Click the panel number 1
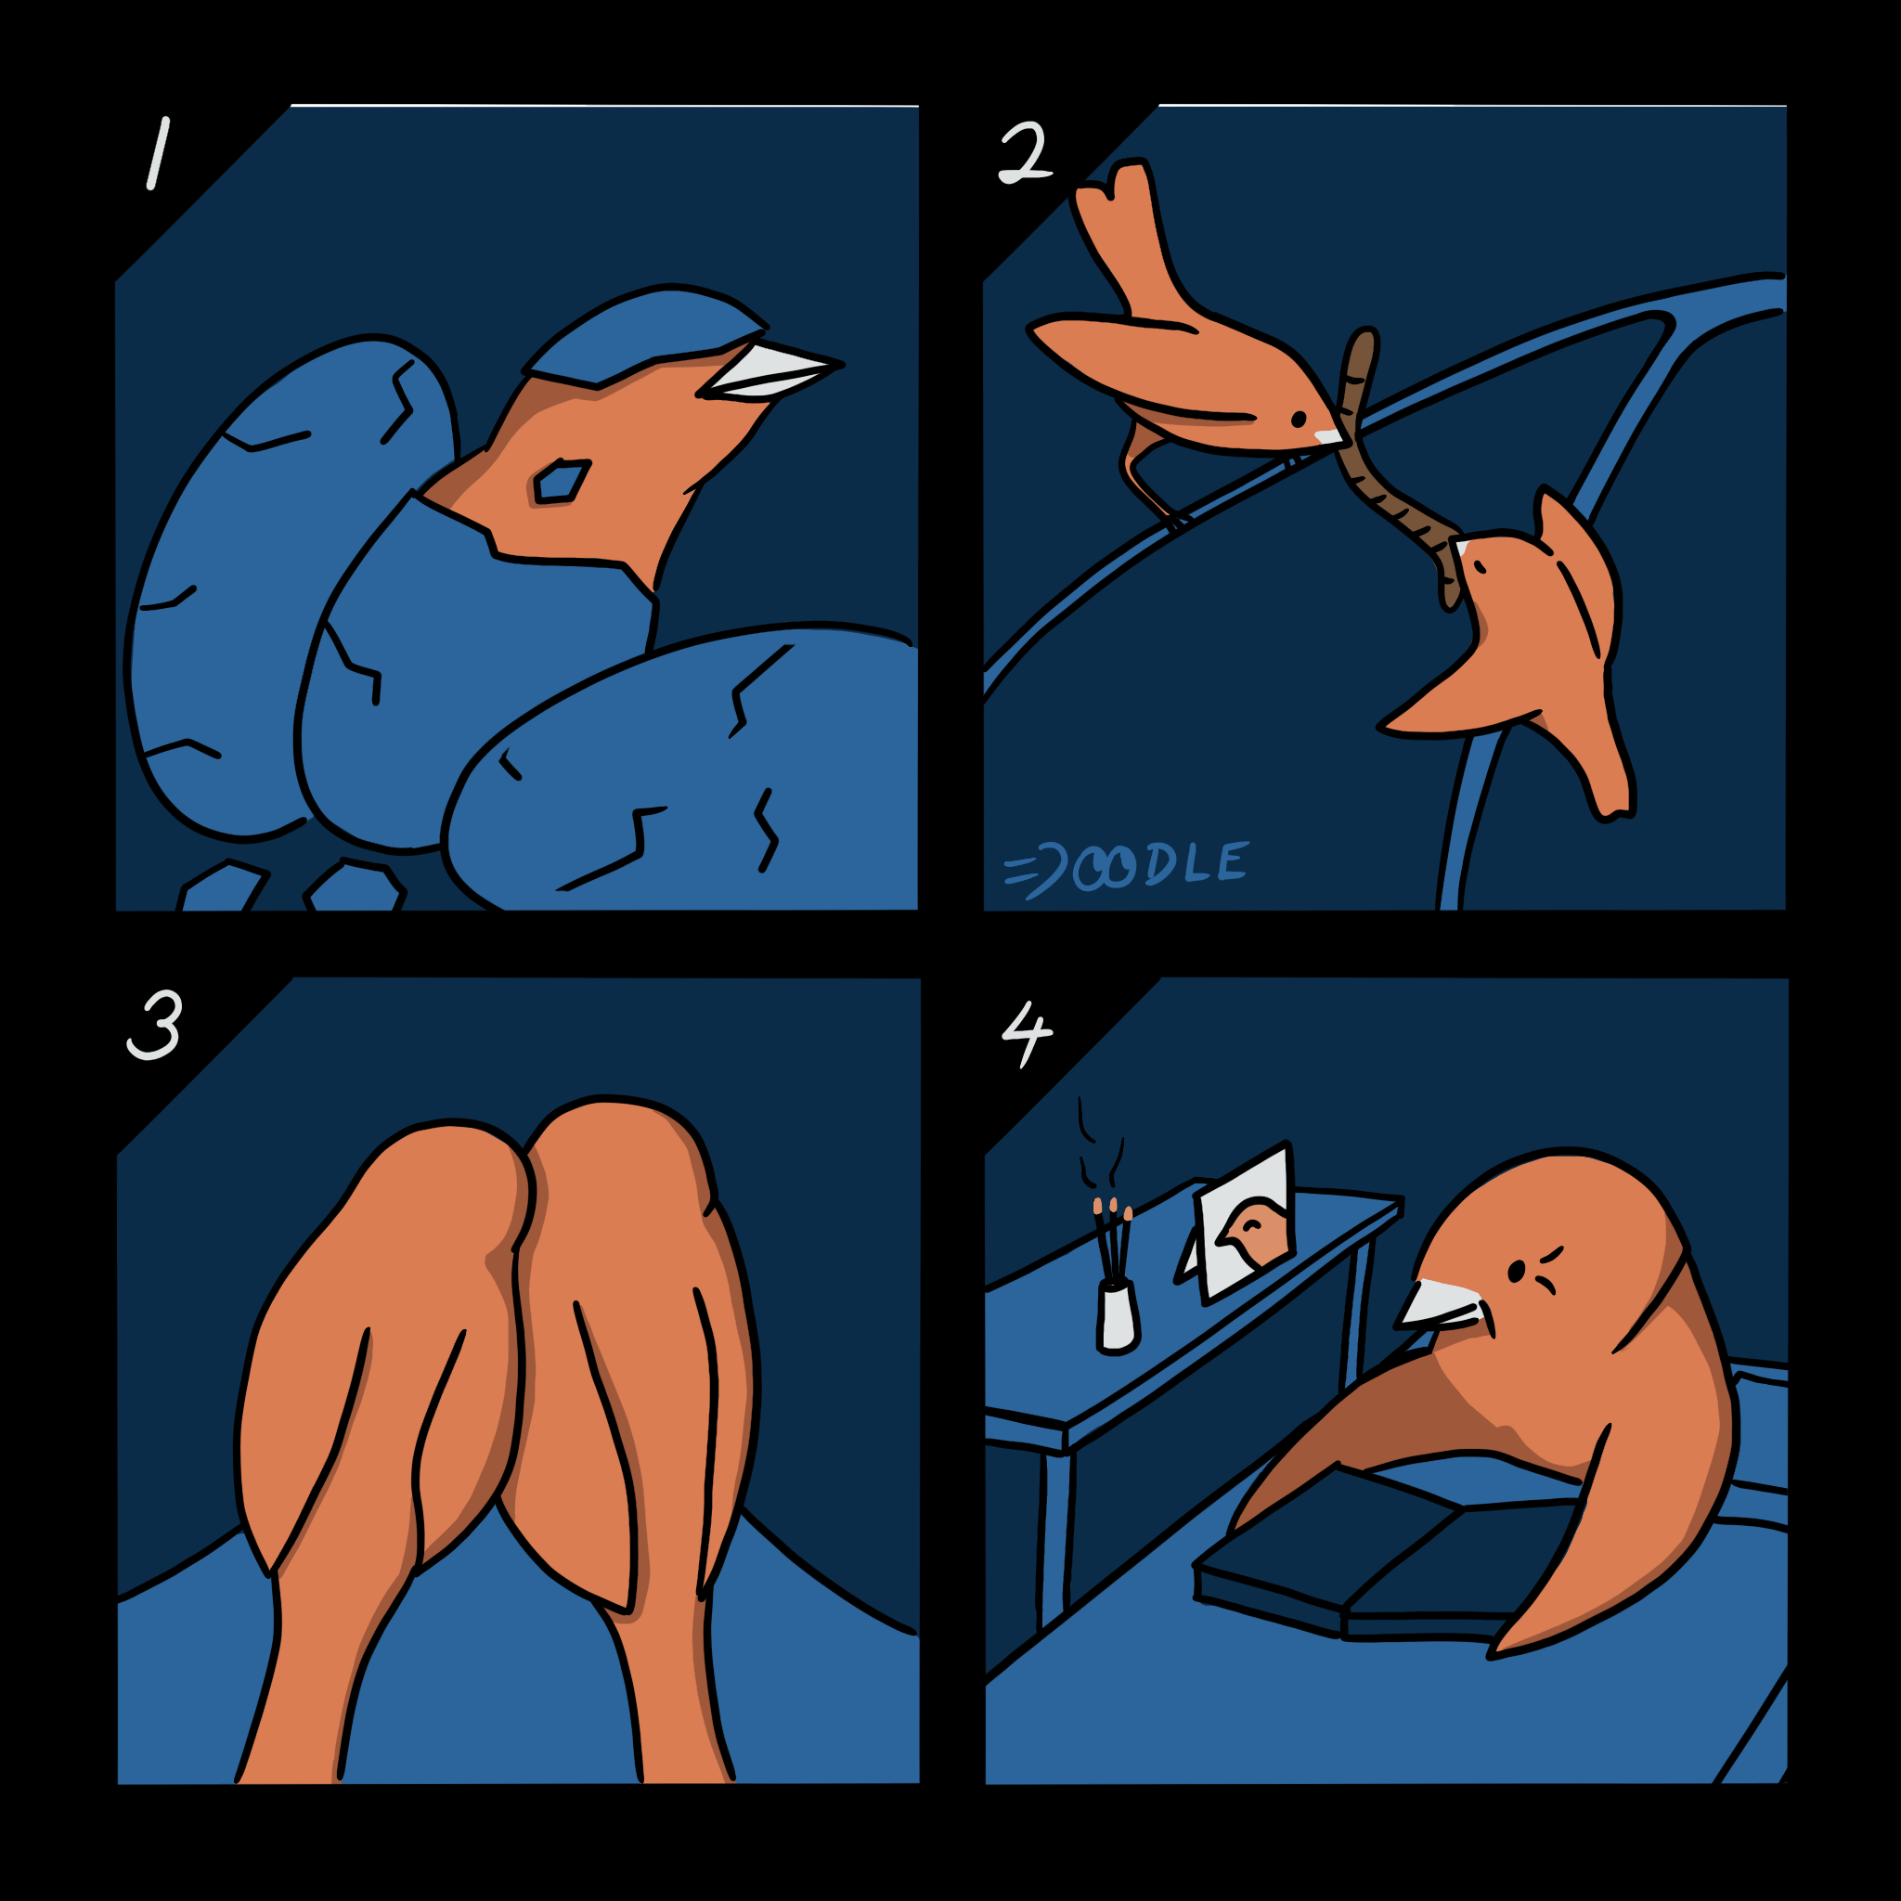(x=159, y=153)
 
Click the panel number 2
(x=1026, y=152)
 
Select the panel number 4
(x=1027, y=1034)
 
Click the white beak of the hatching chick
(x=768, y=372)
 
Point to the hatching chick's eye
(x=560, y=482)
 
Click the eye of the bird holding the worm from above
(x=1298, y=420)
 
